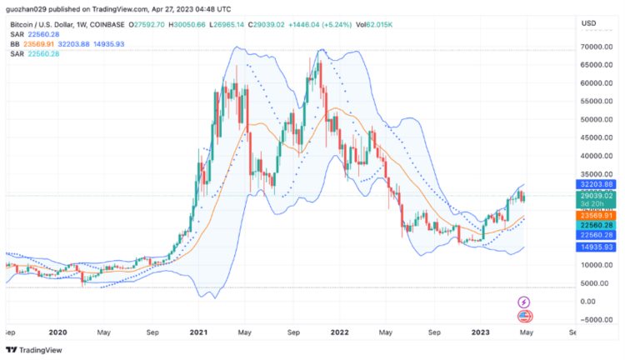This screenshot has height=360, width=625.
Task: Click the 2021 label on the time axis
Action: pyautogui.click(x=198, y=332)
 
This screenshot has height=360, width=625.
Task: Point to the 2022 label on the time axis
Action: pyautogui.click(x=339, y=332)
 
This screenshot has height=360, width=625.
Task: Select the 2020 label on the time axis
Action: pyautogui.click(x=57, y=332)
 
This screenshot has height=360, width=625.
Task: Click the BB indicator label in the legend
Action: pyautogui.click(x=14, y=43)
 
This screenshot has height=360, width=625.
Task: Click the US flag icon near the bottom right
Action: pyautogui.click(x=525, y=316)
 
